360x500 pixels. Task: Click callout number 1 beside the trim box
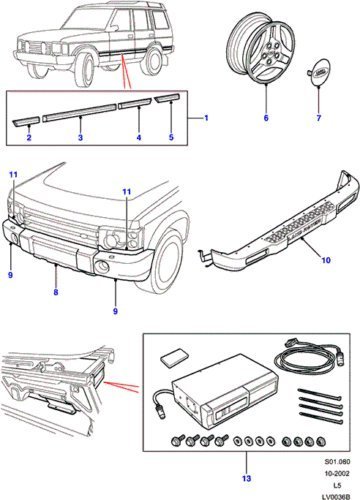pyautogui.click(x=206, y=118)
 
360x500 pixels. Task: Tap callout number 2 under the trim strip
pyautogui.click(x=29, y=137)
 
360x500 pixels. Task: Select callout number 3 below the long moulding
pyautogui.click(x=80, y=137)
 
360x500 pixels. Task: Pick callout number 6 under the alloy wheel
pyautogui.click(x=266, y=118)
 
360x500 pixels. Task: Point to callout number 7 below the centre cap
pyautogui.click(x=319, y=118)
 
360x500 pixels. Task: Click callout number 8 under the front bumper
pyautogui.click(x=56, y=292)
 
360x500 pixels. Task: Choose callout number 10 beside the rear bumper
pyautogui.click(x=326, y=260)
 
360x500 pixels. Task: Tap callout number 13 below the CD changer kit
pyautogui.click(x=246, y=479)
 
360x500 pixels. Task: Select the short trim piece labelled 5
pyautogui.click(x=168, y=98)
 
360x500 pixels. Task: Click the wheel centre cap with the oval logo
pyautogui.click(x=320, y=72)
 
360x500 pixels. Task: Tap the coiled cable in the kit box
pyautogui.click(x=309, y=357)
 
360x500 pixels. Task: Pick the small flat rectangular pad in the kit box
pyautogui.click(x=175, y=357)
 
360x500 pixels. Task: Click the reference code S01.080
pyautogui.click(x=337, y=462)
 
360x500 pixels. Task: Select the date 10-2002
pyautogui.click(x=337, y=473)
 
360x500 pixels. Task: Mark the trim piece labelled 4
pyautogui.click(x=136, y=104)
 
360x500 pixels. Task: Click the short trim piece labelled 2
pyautogui.click(x=26, y=121)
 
